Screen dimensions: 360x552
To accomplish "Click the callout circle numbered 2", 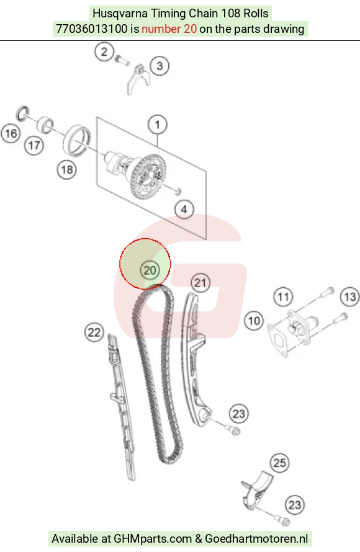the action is click(x=104, y=51).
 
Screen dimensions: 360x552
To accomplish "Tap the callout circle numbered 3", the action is click(x=160, y=66).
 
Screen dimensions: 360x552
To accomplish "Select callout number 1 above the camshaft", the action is click(x=157, y=124).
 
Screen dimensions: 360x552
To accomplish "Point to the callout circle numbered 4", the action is click(x=184, y=210).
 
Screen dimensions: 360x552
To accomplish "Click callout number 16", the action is click(x=11, y=133).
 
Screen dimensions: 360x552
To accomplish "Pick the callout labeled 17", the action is click(x=34, y=145).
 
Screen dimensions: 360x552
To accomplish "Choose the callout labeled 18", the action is click(x=67, y=170).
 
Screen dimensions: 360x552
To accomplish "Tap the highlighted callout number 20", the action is click(x=150, y=270).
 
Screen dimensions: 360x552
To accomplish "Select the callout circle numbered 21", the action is click(x=200, y=283).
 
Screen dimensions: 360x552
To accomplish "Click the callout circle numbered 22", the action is click(x=94, y=332).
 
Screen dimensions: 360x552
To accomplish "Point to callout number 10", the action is click(x=254, y=321).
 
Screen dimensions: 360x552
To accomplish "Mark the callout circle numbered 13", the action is click(x=350, y=296).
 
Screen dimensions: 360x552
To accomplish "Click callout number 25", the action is click(x=280, y=463).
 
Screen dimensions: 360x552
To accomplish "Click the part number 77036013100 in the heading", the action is click(x=92, y=29).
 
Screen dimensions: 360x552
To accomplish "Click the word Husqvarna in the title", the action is click(x=120, y=14).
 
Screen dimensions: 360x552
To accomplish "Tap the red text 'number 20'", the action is click(x=169, y=29).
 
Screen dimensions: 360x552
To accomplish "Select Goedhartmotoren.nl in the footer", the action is click(x=256, y=538).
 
